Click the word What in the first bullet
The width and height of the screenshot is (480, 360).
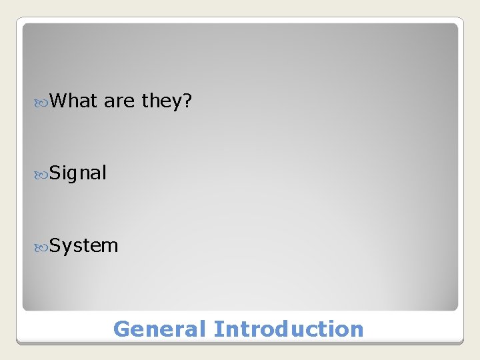[73, 101]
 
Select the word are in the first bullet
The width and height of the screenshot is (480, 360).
[119, 101]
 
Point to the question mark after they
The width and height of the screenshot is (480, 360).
[188, 101]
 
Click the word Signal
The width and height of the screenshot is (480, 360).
[78, 173]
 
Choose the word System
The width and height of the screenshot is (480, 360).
[84, 246]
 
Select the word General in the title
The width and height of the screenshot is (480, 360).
[160, 329]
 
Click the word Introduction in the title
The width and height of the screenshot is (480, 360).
[289, 329]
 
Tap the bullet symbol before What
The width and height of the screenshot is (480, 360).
[40, 101]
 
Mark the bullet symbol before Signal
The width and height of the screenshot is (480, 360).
[40, 173]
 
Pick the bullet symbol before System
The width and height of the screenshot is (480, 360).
[40, 246]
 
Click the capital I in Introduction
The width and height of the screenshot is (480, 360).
[217, 329]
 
